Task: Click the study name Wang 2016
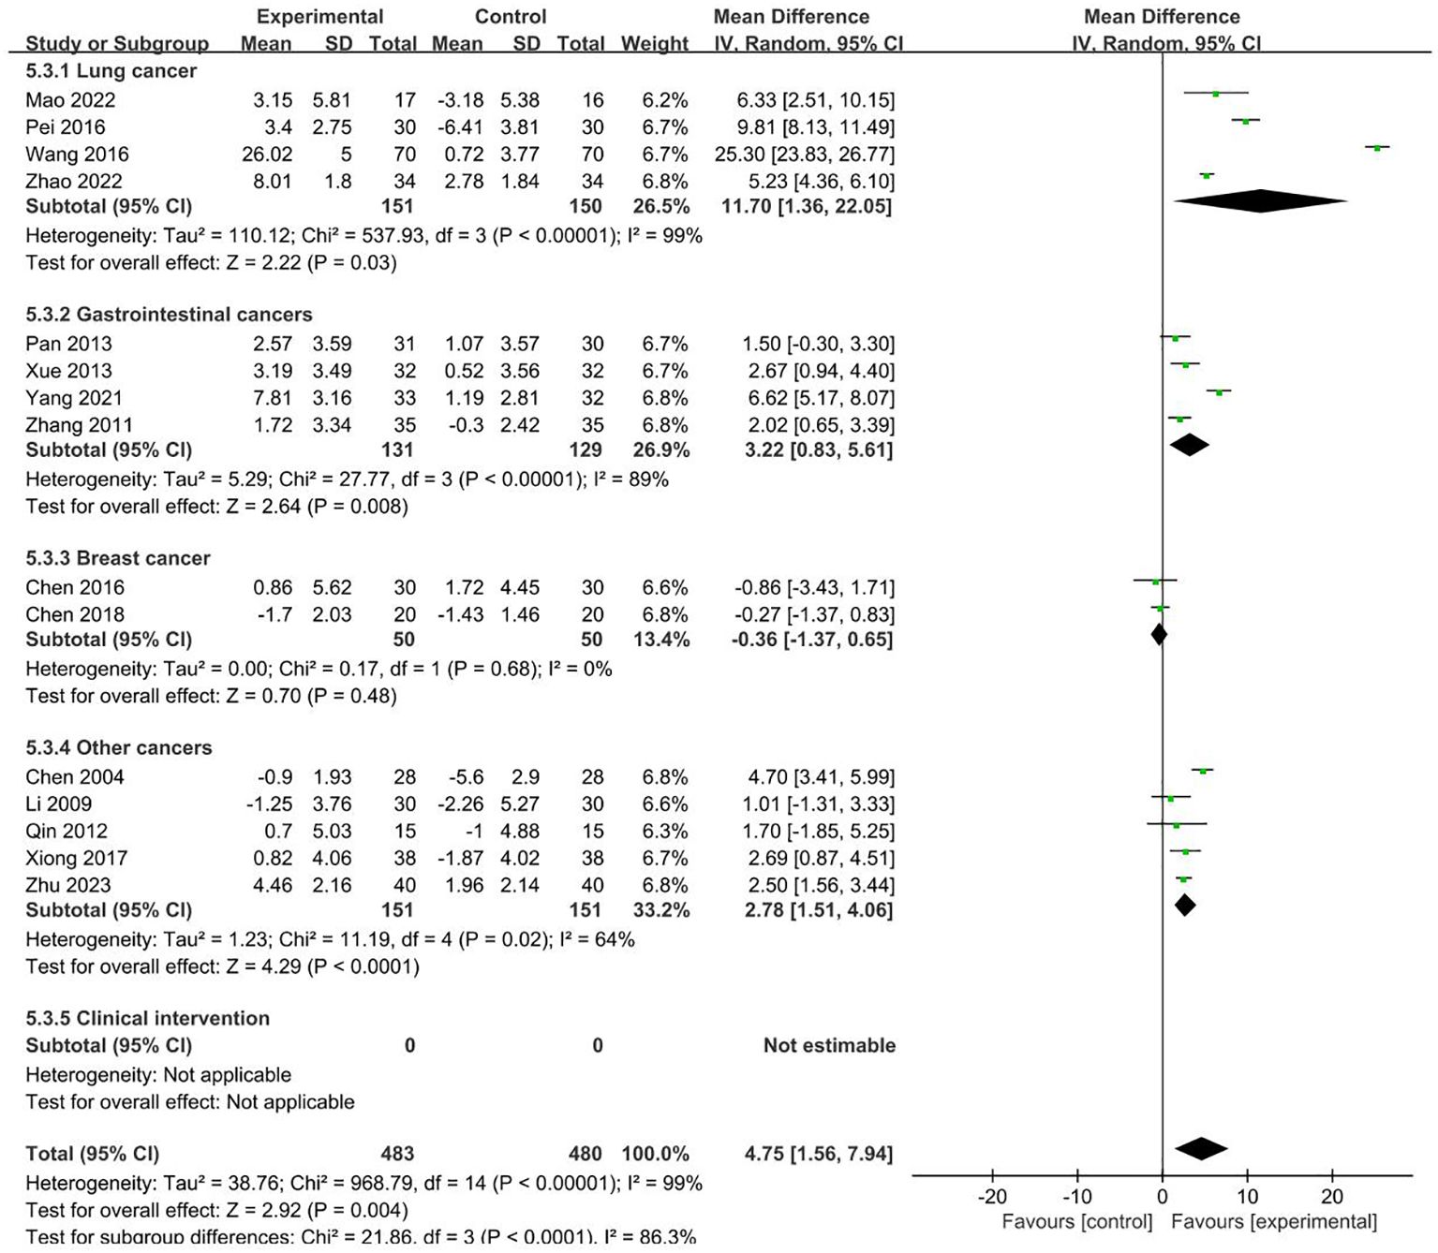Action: pos(77,155)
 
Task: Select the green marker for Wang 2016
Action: pos(1376,148)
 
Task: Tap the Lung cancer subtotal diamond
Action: pos(1260,201)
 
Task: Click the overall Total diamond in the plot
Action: pos(1201,1148)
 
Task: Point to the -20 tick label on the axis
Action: pos(992,1197)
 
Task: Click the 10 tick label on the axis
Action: pos(1247,1197)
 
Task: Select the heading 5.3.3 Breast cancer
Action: pos(117,558)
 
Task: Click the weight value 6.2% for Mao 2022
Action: pos(664,100)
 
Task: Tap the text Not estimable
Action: pos(829,1045)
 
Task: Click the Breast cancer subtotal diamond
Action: pos(1159,634)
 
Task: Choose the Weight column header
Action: pos(655,44)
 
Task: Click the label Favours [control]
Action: pos(1076,1222)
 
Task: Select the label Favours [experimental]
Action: pos(1274,1222)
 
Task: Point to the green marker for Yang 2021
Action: pos(1218,392)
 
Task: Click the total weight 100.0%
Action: pos(655,1154)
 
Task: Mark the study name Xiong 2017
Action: pos(76,858)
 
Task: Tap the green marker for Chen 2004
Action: pos(1202,771)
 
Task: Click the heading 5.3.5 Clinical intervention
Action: pos(147,1018)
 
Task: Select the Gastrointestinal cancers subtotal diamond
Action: pos(1190,445)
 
